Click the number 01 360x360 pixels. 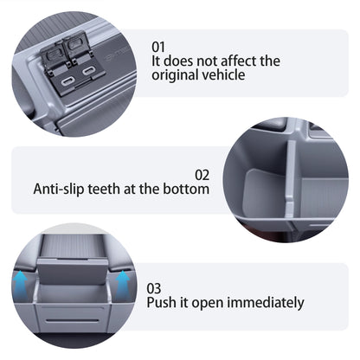[159, 47]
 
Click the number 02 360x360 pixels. [202, 173]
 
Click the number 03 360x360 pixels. [153, 287]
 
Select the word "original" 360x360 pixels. [176, 75]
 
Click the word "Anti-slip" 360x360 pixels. [61, 188]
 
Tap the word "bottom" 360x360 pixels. [187, 188]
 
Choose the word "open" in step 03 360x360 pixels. [207, 303]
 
